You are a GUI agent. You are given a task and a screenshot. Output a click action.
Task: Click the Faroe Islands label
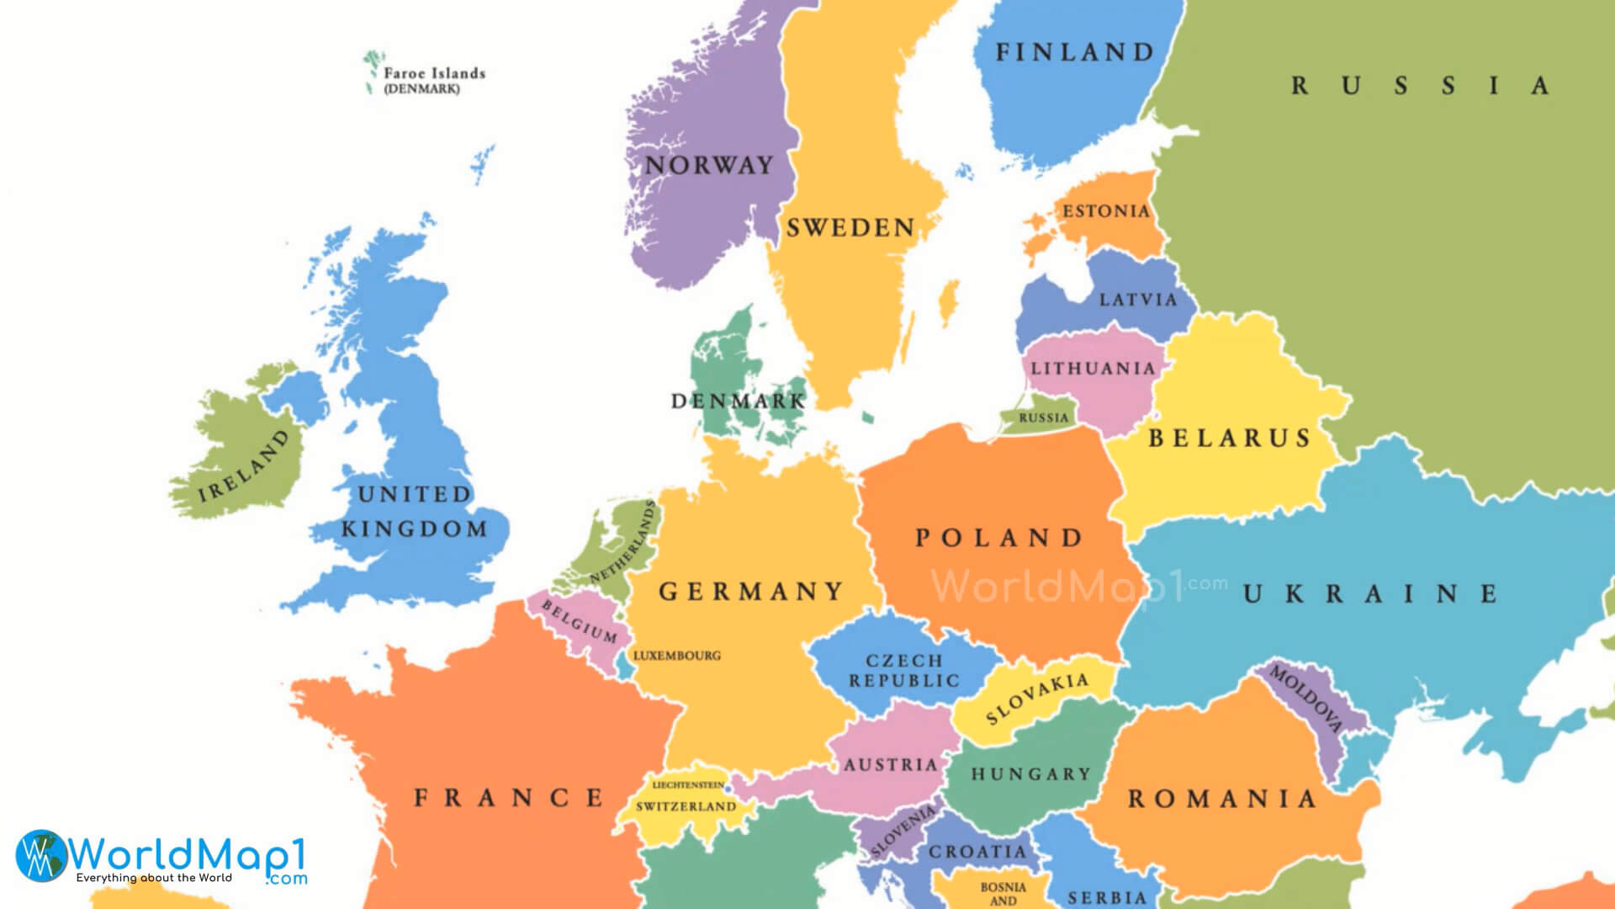pos(434,74)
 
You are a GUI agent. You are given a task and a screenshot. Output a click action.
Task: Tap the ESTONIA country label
pos(1105,211)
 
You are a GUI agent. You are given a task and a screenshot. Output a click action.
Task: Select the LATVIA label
pos(1138,300)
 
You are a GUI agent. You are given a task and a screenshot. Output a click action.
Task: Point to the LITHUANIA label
pos(1093,369)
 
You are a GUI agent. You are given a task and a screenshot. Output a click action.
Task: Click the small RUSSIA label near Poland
pos(1043,418)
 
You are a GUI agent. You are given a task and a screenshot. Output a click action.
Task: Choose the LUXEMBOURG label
pos(676,656)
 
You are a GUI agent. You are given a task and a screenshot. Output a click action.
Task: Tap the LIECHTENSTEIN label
pos(688,784)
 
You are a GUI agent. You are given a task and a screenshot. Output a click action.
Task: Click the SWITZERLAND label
pos(686,806)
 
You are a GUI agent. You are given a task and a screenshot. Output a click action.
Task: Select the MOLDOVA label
pos(1305,699)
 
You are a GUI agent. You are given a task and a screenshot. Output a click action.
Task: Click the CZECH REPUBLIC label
pos(904,671)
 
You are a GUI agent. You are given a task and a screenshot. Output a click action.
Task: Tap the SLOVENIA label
pos(903,832)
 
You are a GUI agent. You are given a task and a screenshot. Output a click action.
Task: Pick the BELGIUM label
pos(579,621)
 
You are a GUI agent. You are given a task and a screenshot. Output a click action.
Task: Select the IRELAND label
pos(244,466)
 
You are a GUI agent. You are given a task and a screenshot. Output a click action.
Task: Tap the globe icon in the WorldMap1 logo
pos(41,854)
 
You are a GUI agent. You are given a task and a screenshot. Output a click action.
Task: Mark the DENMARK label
pos(738,401)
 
